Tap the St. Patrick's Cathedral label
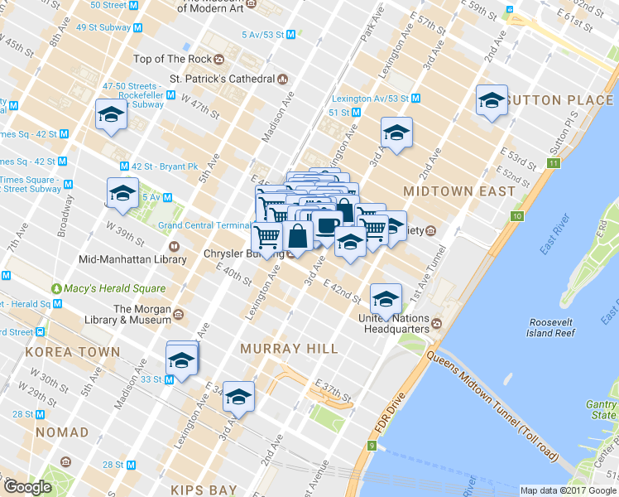222,80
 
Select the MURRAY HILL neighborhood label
289,349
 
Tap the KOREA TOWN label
73,352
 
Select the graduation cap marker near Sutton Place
492,101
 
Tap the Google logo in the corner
27,487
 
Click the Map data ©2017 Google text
567,490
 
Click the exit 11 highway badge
553,162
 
